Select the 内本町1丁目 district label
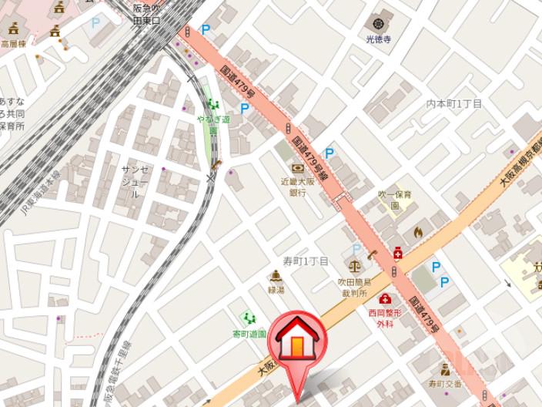(x=454, y=103)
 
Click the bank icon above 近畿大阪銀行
(x=297, y=168)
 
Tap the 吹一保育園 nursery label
(x=394, y=200)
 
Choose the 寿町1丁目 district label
(x=306, y=261)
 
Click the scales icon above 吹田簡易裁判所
(x=354, y=265)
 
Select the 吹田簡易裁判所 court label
(x=355, y=288)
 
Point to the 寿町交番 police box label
(x=445, y=383)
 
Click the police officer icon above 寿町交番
(x=445, y=368)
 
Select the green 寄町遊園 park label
(x=249, y=335)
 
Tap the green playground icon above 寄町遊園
(x=248, y=318)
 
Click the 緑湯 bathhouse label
(x=276, y=290)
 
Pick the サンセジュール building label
(x=134, y=182)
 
